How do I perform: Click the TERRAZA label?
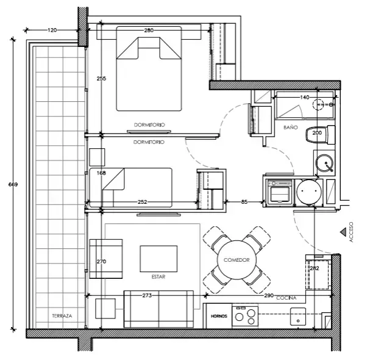click(x=62, y=315)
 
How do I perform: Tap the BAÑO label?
click(x=290, y=128)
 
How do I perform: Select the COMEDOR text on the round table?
click(x=237, y=260)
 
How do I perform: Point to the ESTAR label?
click(x=159, y=276)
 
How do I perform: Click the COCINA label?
click(x=287, y=298)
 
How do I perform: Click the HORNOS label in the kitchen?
click(x=219, y=316)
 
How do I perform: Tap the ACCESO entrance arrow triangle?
click(x=343, y=232)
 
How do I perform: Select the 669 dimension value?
click(x=13, y=184)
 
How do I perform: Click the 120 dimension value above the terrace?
click(x=52, y=30)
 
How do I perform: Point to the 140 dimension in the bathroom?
click(x=304, y=97)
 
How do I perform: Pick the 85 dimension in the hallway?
click(x=244, y=202)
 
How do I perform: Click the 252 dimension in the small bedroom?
click(x=142, y=202)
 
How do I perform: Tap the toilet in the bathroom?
click(x=321, y=135)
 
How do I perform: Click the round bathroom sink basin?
click(x=324, y=163)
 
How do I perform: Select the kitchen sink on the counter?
click(x=298, y=317)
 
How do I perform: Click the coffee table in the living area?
click(x=159, y=259)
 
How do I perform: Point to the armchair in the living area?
click(x=106, y=259)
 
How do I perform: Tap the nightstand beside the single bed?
click(x=97, y=157)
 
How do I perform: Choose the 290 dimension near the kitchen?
click(x=269, y=295)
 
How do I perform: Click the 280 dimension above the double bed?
click(x=149, y=31)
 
